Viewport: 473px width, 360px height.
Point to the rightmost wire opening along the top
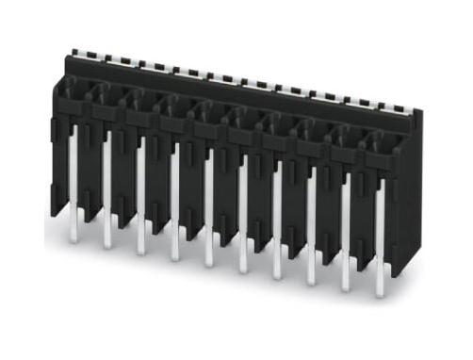[381, 142]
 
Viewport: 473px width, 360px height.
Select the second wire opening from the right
[347, 136]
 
